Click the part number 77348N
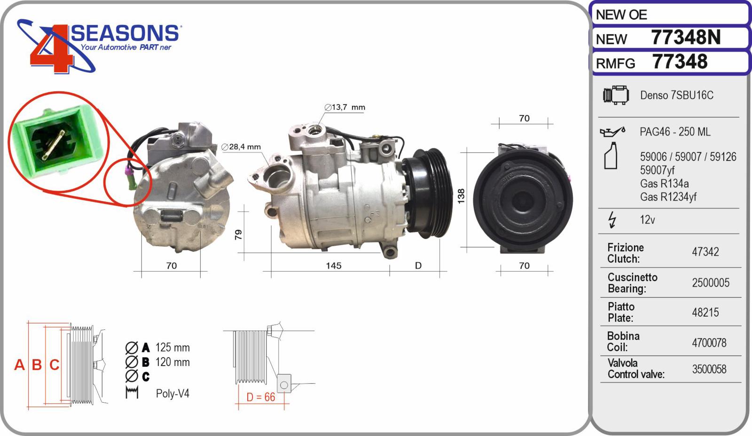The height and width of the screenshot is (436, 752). point(685,38)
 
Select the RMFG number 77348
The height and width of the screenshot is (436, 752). point(680,62)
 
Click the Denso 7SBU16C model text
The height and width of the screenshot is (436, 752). point(676,95)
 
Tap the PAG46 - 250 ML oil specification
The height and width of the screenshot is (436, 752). point(674,132)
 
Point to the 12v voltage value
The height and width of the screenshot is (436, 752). point(647,220)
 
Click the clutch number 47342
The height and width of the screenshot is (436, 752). point(705,252)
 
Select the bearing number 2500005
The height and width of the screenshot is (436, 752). point(710,283)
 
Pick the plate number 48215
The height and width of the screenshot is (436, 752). point(705,312)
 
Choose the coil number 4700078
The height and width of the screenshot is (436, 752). point(709,343)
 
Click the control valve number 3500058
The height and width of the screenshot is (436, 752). point(709,369)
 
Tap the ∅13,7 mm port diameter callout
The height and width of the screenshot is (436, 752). point(345,108)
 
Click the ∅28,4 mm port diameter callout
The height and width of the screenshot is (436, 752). point(241,147)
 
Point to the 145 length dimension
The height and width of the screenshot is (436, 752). point(333,266)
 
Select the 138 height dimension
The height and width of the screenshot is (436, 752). point(461,195)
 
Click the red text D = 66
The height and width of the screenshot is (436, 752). point(261,397)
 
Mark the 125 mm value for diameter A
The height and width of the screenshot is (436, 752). point(172,348)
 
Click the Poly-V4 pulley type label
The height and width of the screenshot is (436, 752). point(172,394)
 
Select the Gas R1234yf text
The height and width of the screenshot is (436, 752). point(668,197)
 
